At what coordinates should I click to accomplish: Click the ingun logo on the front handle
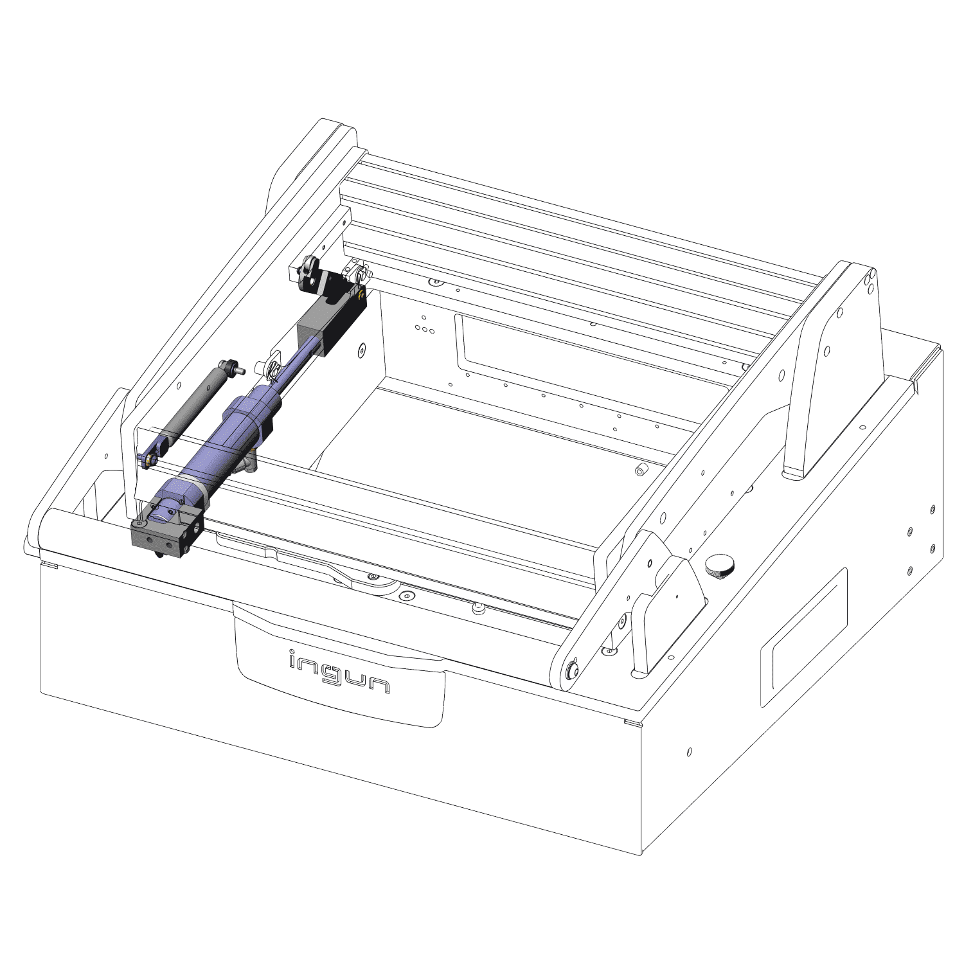(339, 672)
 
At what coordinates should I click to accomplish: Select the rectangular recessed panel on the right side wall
(803, 636)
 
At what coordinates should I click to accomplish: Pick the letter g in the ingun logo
(339, 675)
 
